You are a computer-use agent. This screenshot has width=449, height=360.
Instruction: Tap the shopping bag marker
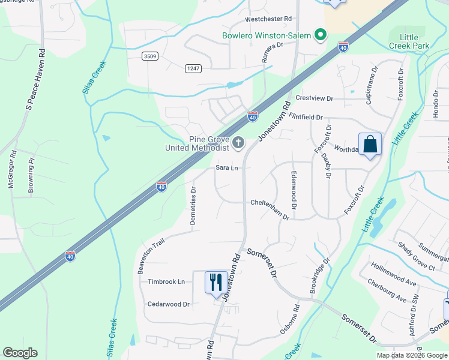[x=370, y=145]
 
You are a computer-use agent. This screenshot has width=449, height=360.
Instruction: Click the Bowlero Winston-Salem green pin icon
[x=321, y=35]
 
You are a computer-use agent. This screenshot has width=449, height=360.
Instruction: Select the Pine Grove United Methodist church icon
[x=238, y=143]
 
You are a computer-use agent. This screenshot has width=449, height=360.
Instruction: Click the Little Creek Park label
[x=409, y=40]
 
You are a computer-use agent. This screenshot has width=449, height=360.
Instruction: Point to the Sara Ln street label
[x=228, y=169]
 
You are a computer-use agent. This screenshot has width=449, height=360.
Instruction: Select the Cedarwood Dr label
[x=169, y=304]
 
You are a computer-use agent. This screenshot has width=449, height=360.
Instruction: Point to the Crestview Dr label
[x=314, y=98]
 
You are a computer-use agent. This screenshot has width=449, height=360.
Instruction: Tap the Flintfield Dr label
[x=306, y=116]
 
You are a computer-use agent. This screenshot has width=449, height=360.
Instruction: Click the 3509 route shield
[x=150, y=56]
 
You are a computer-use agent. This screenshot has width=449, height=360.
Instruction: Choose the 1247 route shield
[x=193, y=68]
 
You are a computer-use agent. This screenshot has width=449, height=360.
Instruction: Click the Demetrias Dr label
[x=193, y=206]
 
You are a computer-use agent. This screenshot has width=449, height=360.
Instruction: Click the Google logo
[x=20, y=353]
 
